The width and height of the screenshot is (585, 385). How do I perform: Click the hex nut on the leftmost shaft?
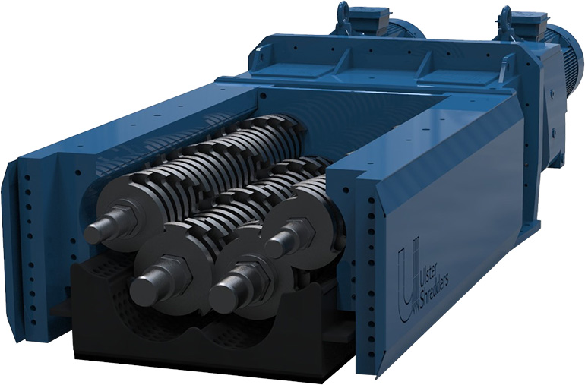point(122,219)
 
